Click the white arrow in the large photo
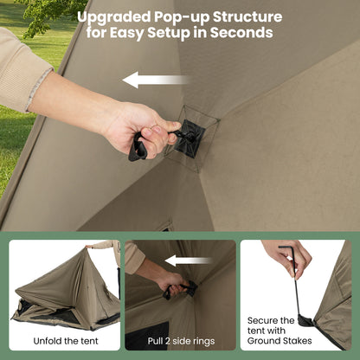(x=155, y=80)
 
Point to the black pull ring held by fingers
(x=138, y=147)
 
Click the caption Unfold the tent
(x=63, y=340)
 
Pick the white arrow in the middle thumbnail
(x=189, y=260)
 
